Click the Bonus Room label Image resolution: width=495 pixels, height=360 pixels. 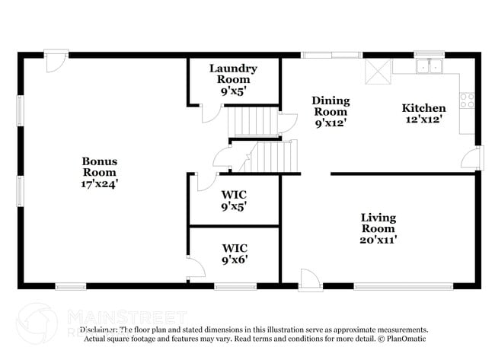pos(99,166)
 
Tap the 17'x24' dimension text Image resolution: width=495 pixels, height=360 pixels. pos(99,183)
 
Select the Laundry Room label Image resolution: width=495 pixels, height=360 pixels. pos(233,73)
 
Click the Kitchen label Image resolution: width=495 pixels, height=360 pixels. pos(423,108)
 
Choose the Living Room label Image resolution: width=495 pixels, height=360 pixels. pos(378,223)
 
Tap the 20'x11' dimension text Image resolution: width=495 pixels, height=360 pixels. pos(378,239)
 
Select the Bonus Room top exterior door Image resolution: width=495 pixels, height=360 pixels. pos(55,63)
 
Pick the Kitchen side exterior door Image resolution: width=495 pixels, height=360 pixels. pos(473,158)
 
